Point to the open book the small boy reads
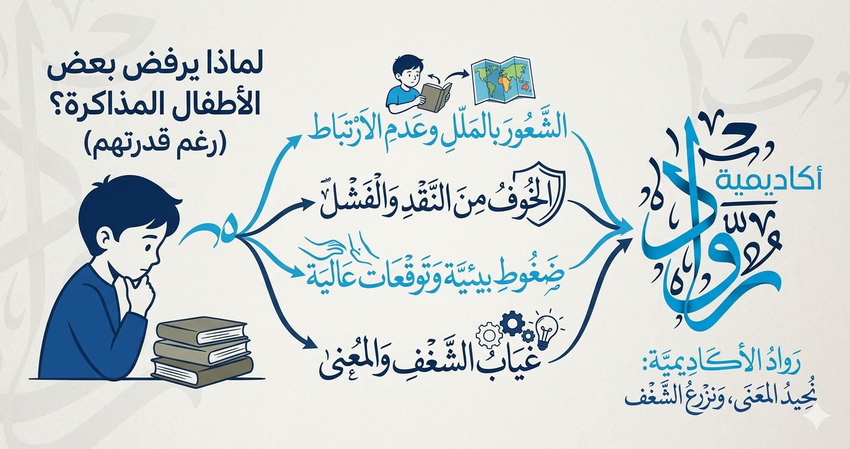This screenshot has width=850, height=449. [x=434, y=96]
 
